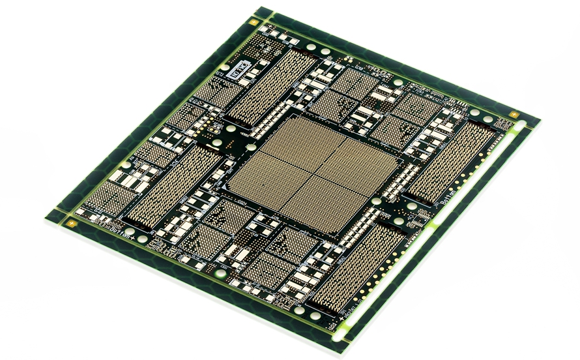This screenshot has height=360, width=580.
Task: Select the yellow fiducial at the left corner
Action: pyautogui.click(x=70, y=222)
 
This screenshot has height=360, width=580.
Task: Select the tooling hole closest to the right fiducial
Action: pyautogui.click(x=490, y=117)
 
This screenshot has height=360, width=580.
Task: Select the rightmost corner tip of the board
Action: pyautogui.click(x=540, y=121)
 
